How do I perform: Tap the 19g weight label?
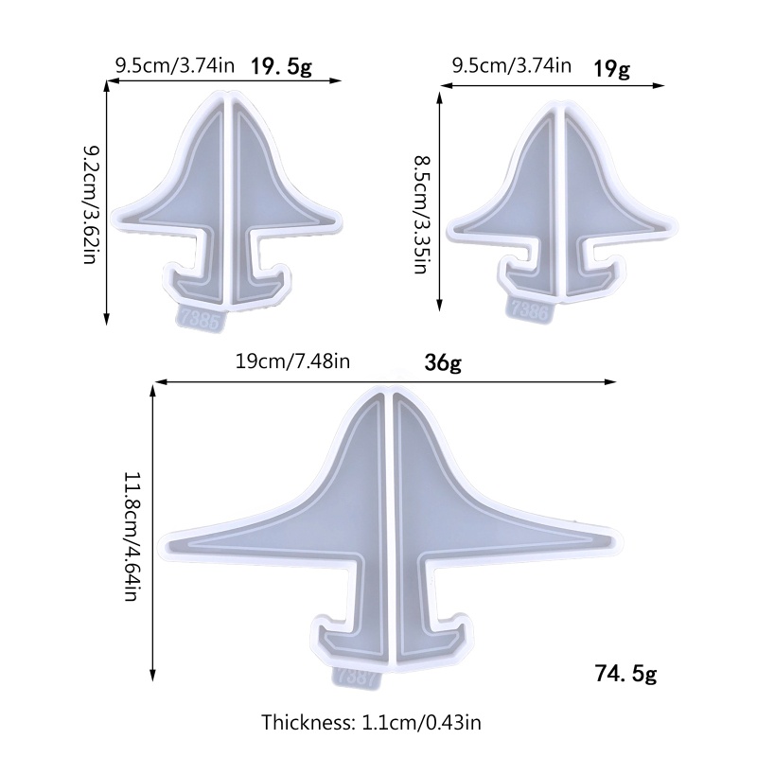(x=611, y=68)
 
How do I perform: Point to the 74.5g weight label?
(x=625, y=674)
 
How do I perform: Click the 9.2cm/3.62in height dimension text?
(x=90, y=203)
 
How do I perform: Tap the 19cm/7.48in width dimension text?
(x=293, y=361)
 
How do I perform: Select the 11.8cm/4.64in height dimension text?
(x=132, y=537)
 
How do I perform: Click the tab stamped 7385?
(x=200, y=320)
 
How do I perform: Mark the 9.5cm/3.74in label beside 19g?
(x=512, y=66)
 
